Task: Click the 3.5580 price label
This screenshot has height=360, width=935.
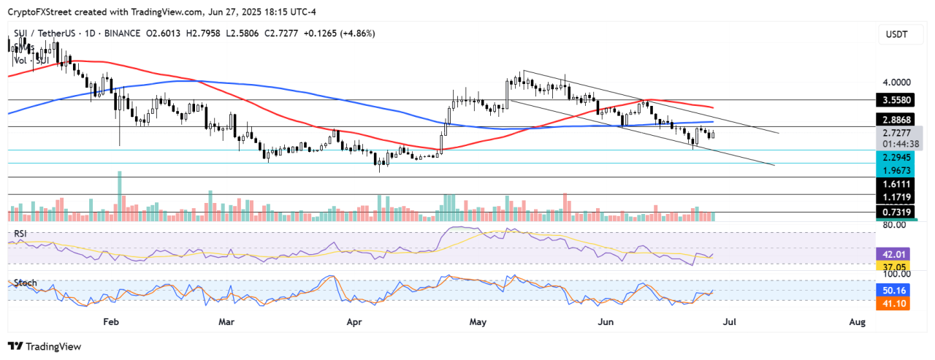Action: [x=896, y=99]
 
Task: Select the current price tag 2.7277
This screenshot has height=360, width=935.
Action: [x=896, y=133]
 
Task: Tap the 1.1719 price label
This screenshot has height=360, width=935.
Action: [x=896, y=197]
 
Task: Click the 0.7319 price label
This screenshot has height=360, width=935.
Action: [x=896, y=212]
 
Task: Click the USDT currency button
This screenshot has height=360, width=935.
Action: [x=896, y=35]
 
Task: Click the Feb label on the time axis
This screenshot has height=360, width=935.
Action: [x=110, y=321]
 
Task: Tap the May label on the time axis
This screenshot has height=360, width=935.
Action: [x=478, y=321]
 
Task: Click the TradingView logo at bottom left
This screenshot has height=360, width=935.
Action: [x=45, y=347]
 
